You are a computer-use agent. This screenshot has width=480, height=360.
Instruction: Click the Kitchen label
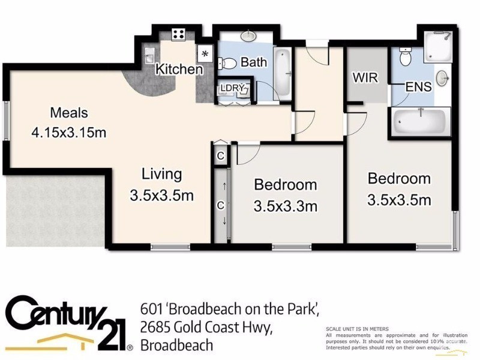point(179,70)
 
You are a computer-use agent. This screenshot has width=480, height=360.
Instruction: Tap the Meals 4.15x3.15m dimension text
point(69,132)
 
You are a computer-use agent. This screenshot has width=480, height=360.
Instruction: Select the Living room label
point(161,175)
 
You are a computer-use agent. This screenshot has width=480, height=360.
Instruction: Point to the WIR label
point(365,78)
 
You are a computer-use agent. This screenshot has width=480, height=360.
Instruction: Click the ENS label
point(418,87)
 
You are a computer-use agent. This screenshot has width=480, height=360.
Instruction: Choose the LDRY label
point(232,88)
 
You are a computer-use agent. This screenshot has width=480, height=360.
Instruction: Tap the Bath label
point(253,62)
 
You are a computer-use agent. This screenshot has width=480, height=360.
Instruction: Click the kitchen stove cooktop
point(178,34)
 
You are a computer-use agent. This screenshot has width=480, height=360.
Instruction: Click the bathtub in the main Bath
point(283,74)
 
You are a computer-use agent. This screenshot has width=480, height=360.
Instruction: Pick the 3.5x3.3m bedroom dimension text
point(285,207)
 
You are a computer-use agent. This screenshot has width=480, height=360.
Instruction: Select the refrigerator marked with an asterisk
point(205,53)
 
